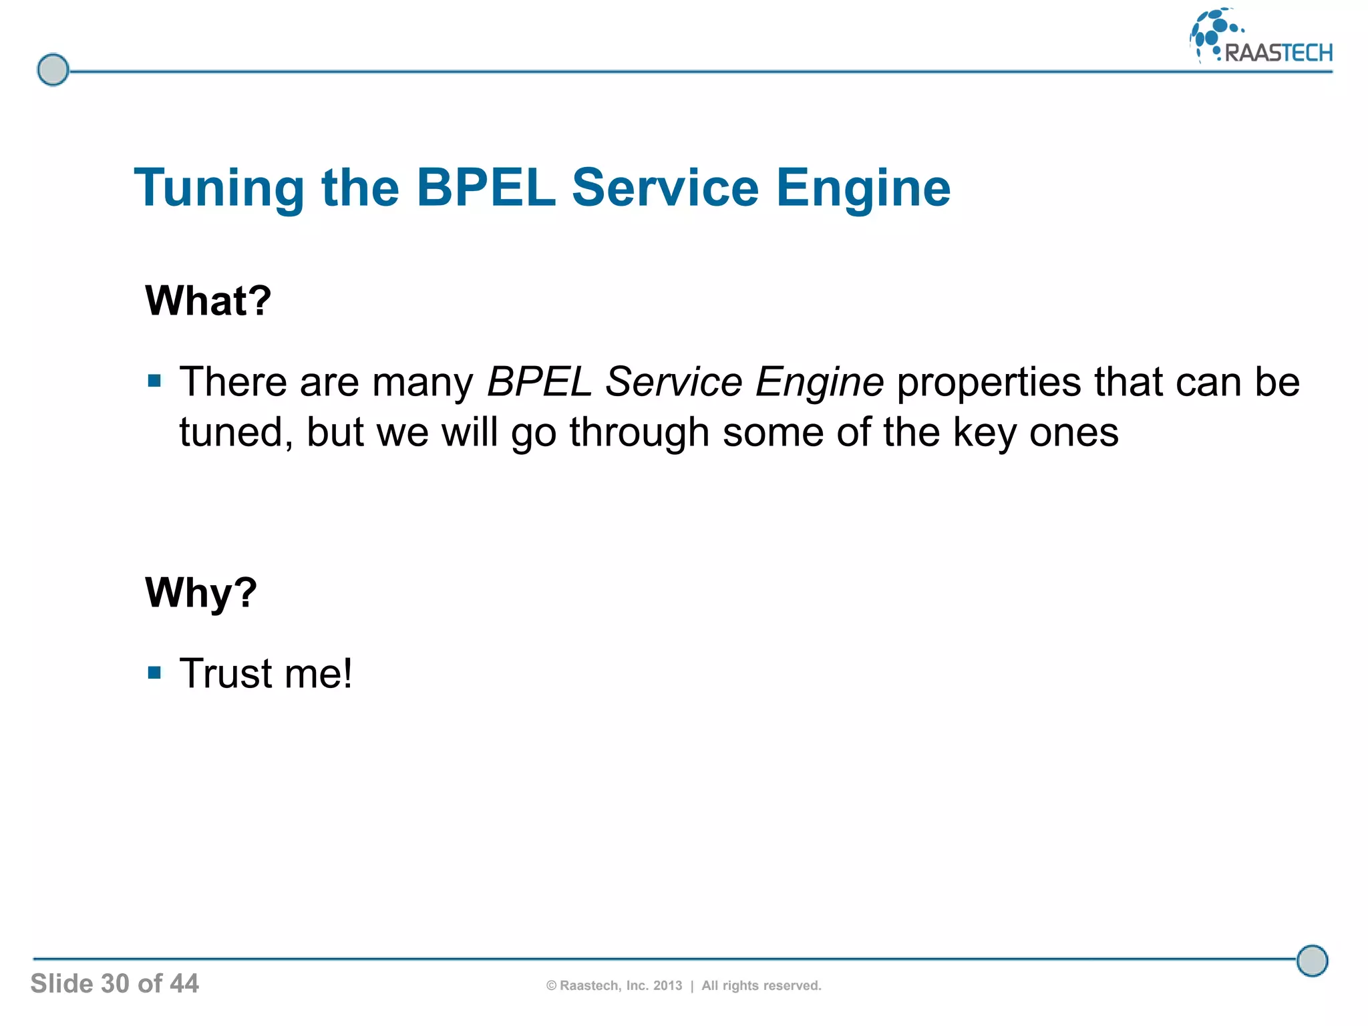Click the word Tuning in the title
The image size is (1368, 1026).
(219, 189)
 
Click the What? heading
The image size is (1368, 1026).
(208, 301)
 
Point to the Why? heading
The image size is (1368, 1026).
(200, 592)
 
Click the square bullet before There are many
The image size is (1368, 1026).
(155, 381)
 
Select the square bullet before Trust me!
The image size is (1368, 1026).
(155, 672)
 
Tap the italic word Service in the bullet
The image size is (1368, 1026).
(673, 382)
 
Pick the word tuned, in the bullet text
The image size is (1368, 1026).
(236, 433)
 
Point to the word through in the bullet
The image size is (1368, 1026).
(639, 433)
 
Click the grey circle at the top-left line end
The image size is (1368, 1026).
(53, 70)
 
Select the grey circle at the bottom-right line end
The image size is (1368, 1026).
(1312, 961)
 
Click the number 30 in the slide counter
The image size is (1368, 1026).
(115, 984)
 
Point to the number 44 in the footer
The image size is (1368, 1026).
(184, 984)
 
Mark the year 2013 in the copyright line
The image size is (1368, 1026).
(667, 986)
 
